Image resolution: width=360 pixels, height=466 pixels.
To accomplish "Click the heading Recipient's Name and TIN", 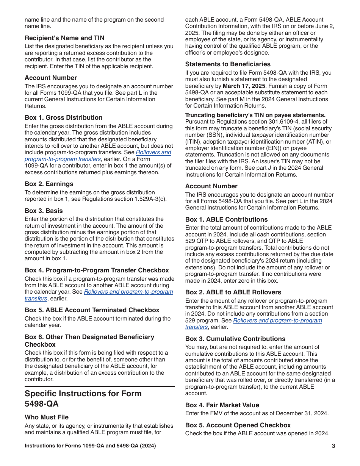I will point(64,38).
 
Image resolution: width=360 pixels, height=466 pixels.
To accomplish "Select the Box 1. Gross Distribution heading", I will point(64,117).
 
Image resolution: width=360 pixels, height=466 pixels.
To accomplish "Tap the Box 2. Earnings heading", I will point(49,184).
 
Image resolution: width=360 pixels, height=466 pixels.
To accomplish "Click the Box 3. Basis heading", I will point(44,211).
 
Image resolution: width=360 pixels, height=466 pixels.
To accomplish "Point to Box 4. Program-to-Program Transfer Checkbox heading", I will point(97,270).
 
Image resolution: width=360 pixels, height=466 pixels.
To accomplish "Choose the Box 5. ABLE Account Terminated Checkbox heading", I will point(92,310).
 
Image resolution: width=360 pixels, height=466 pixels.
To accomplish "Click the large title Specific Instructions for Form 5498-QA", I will point(83,399).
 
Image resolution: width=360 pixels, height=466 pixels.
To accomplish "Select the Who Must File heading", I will point(47,417).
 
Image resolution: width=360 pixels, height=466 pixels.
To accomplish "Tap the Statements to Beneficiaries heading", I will point(228,64).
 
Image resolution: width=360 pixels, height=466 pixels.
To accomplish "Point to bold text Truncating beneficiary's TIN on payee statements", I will point(255,115).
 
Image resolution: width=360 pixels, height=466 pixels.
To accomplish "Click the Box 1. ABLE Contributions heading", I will point(226,219).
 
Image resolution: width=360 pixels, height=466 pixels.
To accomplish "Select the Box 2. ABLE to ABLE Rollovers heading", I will point(233,292).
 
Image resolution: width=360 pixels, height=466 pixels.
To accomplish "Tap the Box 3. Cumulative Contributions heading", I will point(235,339).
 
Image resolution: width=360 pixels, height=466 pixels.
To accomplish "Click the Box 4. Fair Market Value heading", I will point(222,405).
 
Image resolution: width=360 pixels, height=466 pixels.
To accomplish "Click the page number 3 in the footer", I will point(333,446).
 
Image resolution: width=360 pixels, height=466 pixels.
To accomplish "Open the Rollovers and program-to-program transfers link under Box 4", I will point(128,292).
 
